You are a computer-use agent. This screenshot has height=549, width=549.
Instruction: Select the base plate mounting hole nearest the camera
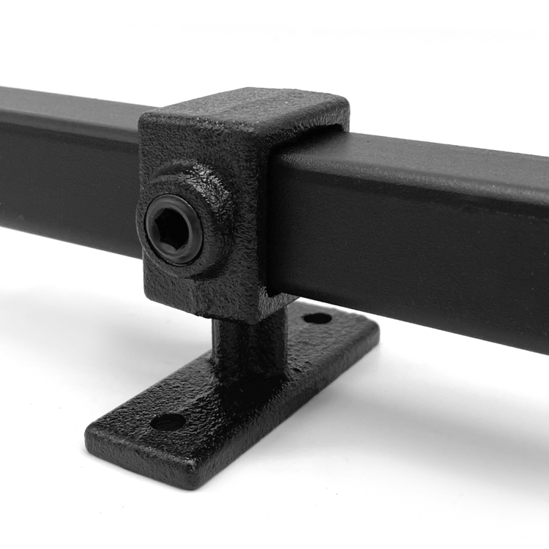click(167, 422)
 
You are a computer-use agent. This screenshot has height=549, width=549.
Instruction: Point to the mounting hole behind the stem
click(317, 318)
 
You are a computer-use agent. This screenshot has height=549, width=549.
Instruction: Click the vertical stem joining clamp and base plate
click(242, 344)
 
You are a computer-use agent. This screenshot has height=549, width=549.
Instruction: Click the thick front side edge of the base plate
click(139, 461)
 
